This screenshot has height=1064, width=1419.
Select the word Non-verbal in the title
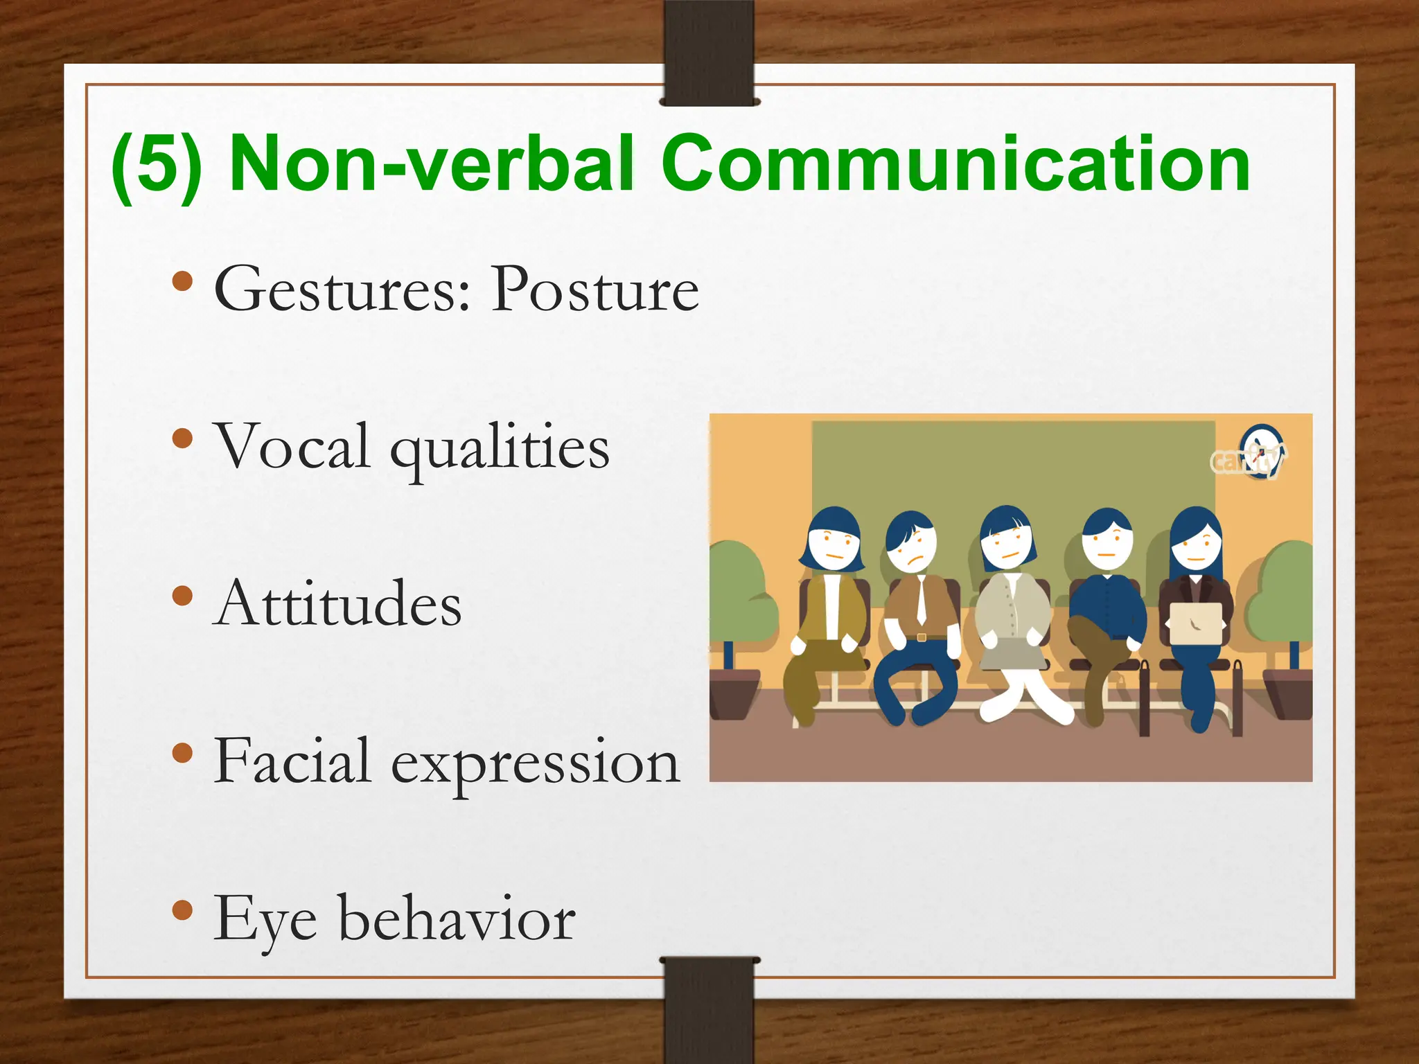431,163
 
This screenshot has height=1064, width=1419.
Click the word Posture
594,290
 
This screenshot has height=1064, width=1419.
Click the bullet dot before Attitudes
182,595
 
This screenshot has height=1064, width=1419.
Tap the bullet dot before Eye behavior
182,910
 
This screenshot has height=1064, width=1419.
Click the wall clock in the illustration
1261,452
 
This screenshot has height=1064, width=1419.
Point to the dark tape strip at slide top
709,53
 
